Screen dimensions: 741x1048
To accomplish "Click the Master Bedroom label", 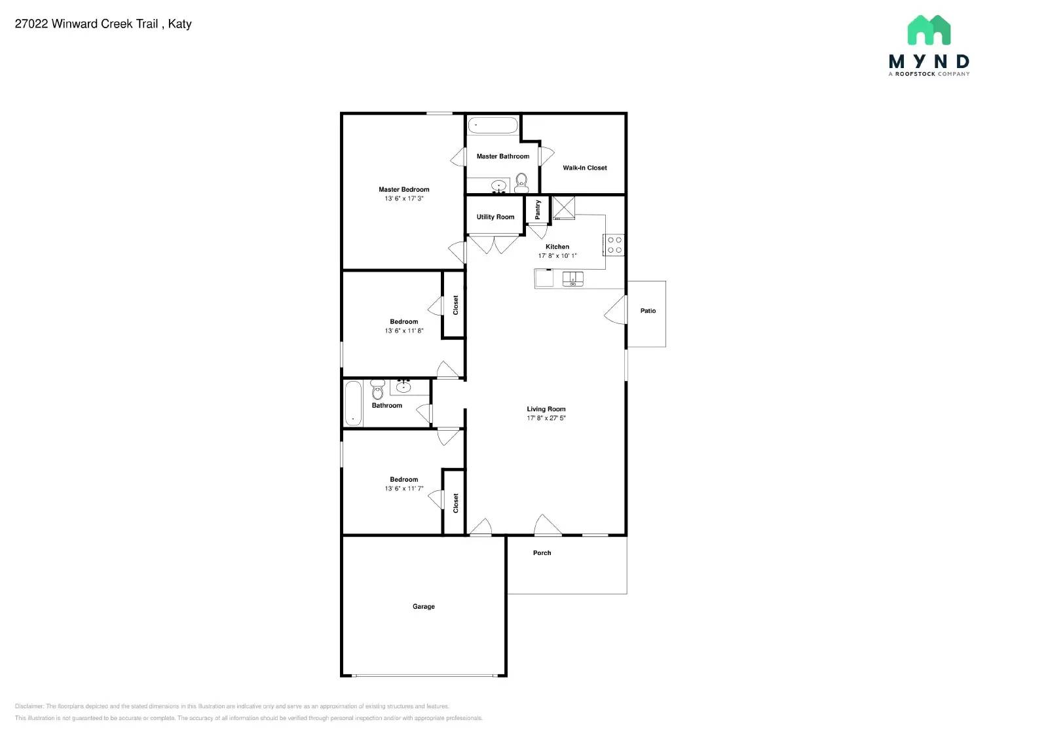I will click(403, 189).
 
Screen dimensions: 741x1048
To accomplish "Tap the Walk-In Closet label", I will click(584, 168).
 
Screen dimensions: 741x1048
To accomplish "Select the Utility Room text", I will click(495, 217).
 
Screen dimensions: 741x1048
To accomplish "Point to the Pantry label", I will click(538, 209).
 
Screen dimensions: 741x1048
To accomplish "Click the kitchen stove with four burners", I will click(614, 245).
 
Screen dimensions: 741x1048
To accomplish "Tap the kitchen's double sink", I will click(572, 279).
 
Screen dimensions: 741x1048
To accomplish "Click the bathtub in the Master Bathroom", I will click(493, 125).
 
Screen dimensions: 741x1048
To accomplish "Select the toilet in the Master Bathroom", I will click(521, 181).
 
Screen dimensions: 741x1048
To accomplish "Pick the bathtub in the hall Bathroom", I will click(353, 403).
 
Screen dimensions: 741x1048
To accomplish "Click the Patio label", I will click(648, 311).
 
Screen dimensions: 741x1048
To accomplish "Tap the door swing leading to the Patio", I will click(616, 310).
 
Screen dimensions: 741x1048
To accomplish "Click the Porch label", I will click(542, 553).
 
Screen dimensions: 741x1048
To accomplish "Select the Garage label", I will click(423, 607).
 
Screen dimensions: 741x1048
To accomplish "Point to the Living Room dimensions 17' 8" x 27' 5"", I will click(546, 418).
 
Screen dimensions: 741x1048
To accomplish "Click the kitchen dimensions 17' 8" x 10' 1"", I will click(557, 256).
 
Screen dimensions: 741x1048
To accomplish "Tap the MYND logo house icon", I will click(928, 30).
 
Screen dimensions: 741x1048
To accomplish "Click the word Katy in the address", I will click(179, 24).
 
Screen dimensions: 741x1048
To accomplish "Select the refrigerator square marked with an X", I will click(563, 208).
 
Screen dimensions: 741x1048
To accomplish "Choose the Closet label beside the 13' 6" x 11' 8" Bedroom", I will click(456, 305).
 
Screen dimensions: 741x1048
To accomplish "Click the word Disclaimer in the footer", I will click(29, 706).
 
